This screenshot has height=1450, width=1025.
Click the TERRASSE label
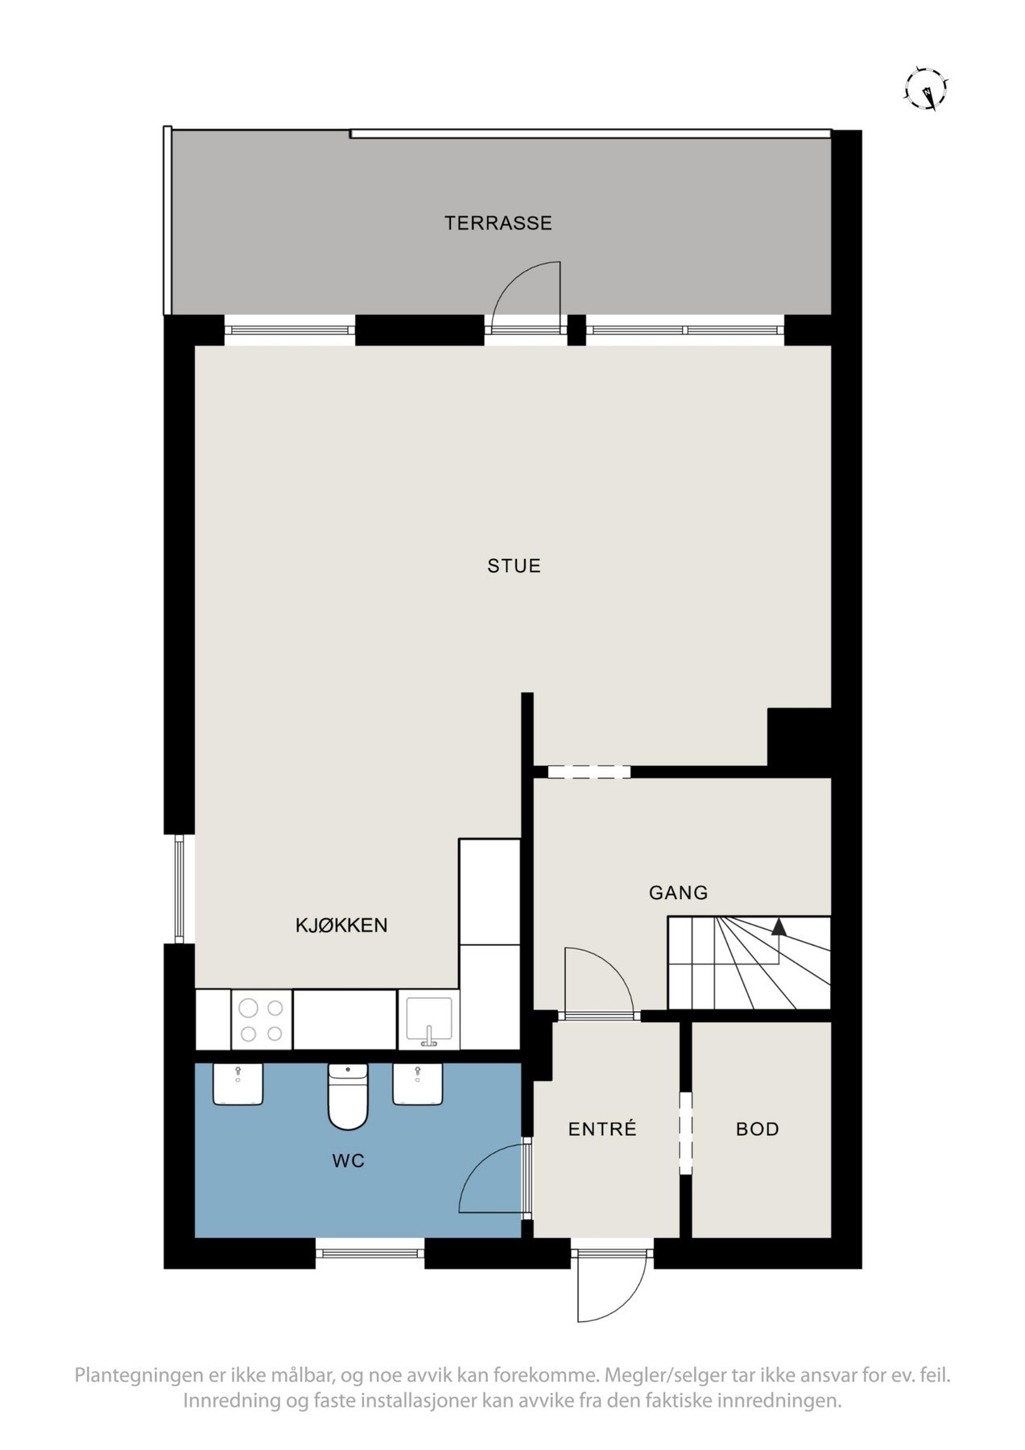click(498, 223)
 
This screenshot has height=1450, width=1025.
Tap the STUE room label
click(514, 566)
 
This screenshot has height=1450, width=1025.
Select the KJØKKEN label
click(341, 926)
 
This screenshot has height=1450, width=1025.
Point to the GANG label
click(678, 893)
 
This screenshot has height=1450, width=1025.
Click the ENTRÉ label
click(602, 1129)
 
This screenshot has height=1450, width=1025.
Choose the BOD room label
click(757, 1129)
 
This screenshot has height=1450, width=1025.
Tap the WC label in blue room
click(348, 1161)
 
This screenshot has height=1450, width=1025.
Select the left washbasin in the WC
click(238, 1084)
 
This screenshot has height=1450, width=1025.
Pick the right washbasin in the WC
click(417, 1084)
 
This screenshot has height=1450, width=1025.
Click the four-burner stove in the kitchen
click(262, 1020)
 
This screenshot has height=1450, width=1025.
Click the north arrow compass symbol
click(927, 88)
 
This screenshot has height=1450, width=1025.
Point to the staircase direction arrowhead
click(778, 927)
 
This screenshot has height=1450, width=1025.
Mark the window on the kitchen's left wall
click(180, 889)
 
